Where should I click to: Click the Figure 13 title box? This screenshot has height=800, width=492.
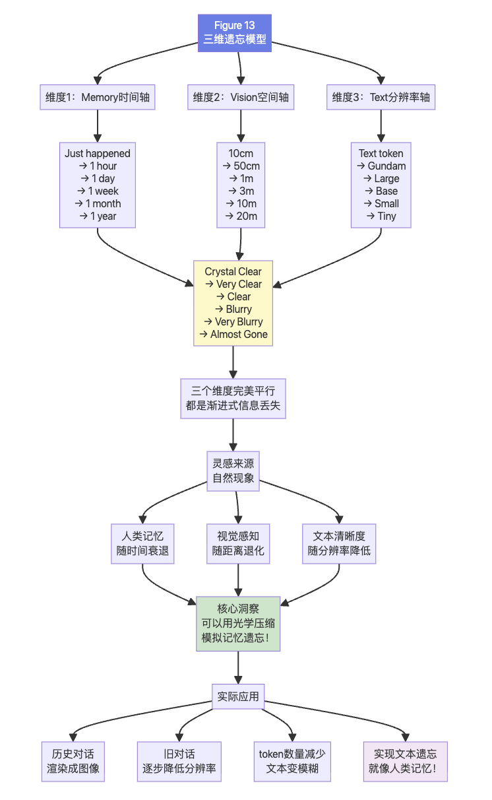click(234, 32)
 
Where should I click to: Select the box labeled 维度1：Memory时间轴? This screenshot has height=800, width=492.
click(98, 98)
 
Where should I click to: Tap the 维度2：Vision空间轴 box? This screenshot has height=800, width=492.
click(240, 98)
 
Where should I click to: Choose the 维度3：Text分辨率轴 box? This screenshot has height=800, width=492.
click(381, 98)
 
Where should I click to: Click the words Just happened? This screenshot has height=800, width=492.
click(98, 153)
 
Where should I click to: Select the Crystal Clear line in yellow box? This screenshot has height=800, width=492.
click(233, 271)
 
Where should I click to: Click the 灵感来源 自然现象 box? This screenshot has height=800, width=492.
click(233, 471)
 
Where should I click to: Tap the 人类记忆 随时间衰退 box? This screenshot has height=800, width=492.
click(142, 543)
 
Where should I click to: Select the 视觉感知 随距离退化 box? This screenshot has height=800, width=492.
click(238, 543)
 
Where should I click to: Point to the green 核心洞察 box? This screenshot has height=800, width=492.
click(238, 624)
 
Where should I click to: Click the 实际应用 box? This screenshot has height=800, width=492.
click(238, 696)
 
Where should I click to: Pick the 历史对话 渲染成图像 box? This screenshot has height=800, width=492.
click(73, 761)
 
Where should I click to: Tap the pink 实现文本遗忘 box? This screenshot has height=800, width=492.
click(405, 761)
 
